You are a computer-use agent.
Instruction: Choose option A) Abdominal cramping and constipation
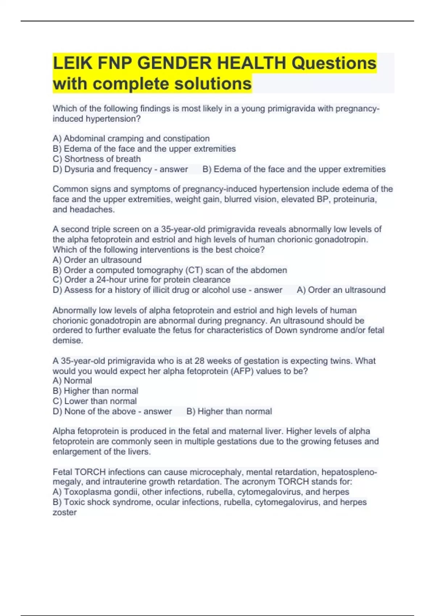131,138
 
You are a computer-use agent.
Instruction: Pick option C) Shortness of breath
96,159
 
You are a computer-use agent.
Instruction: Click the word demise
67,340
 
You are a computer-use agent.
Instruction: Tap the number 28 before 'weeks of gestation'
199,361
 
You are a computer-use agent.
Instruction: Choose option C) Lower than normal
95,401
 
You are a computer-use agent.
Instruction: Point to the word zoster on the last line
65,512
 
